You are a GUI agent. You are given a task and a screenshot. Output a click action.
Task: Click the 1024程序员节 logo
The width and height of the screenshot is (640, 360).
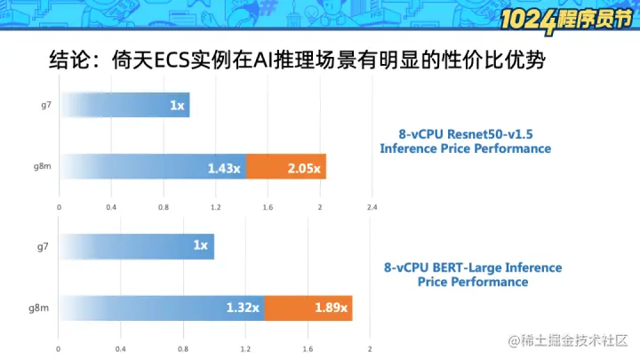pyautogui.click(x=566, y=20)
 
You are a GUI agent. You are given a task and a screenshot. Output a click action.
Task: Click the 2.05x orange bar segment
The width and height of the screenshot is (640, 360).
pyautogui.click(x=286, y=166)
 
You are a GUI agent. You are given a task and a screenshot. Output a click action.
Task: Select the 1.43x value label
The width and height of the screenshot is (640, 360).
pyautogui.click(x=224, y=168)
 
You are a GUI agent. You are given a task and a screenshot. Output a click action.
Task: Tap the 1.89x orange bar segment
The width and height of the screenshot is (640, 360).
pyautogui.click(x=308, y=308)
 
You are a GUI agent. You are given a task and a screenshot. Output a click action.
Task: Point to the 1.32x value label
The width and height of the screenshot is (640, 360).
pyautogui.click(x=243, y=308)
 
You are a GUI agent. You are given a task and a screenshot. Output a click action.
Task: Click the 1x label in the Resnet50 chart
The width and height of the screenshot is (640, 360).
pyautogui.click(x=177, y=106)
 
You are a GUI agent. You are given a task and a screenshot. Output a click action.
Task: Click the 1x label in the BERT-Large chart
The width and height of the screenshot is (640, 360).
pyautogui.click(x=200, y=245)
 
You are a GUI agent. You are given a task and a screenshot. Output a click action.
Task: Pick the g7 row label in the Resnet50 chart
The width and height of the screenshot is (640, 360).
pyautogui.click(x=46, y=105)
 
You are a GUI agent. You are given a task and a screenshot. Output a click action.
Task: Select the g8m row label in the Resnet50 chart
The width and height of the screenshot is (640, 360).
pyautogui.click(x=43, y=166)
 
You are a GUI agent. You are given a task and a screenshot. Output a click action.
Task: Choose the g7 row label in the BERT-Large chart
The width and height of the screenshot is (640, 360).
pyautogui.click(x=43, y=247)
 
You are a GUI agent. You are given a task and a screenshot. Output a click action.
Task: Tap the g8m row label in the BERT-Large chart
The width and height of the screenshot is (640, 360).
pyautogui.click(x=39, y=308)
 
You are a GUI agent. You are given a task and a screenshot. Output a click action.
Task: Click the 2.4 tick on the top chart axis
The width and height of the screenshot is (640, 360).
pyautogui.click(x=372, y=207)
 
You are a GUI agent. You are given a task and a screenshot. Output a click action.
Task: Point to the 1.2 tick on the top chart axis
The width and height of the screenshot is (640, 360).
pyautogui.click(x=215, y=207)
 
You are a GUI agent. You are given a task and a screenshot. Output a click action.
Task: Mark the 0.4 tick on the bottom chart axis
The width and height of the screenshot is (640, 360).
pyautogui.click(x=120, y=349)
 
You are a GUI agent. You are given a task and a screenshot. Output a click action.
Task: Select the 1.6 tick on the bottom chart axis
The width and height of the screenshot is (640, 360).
pyautogui.click(x=308, y=349)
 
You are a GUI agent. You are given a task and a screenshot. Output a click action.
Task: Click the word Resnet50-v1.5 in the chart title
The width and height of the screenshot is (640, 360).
pyautogui.click(x=489, y=134)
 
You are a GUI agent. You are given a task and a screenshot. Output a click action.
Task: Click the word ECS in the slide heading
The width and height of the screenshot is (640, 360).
pyautogui.click(x=172, y=60)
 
